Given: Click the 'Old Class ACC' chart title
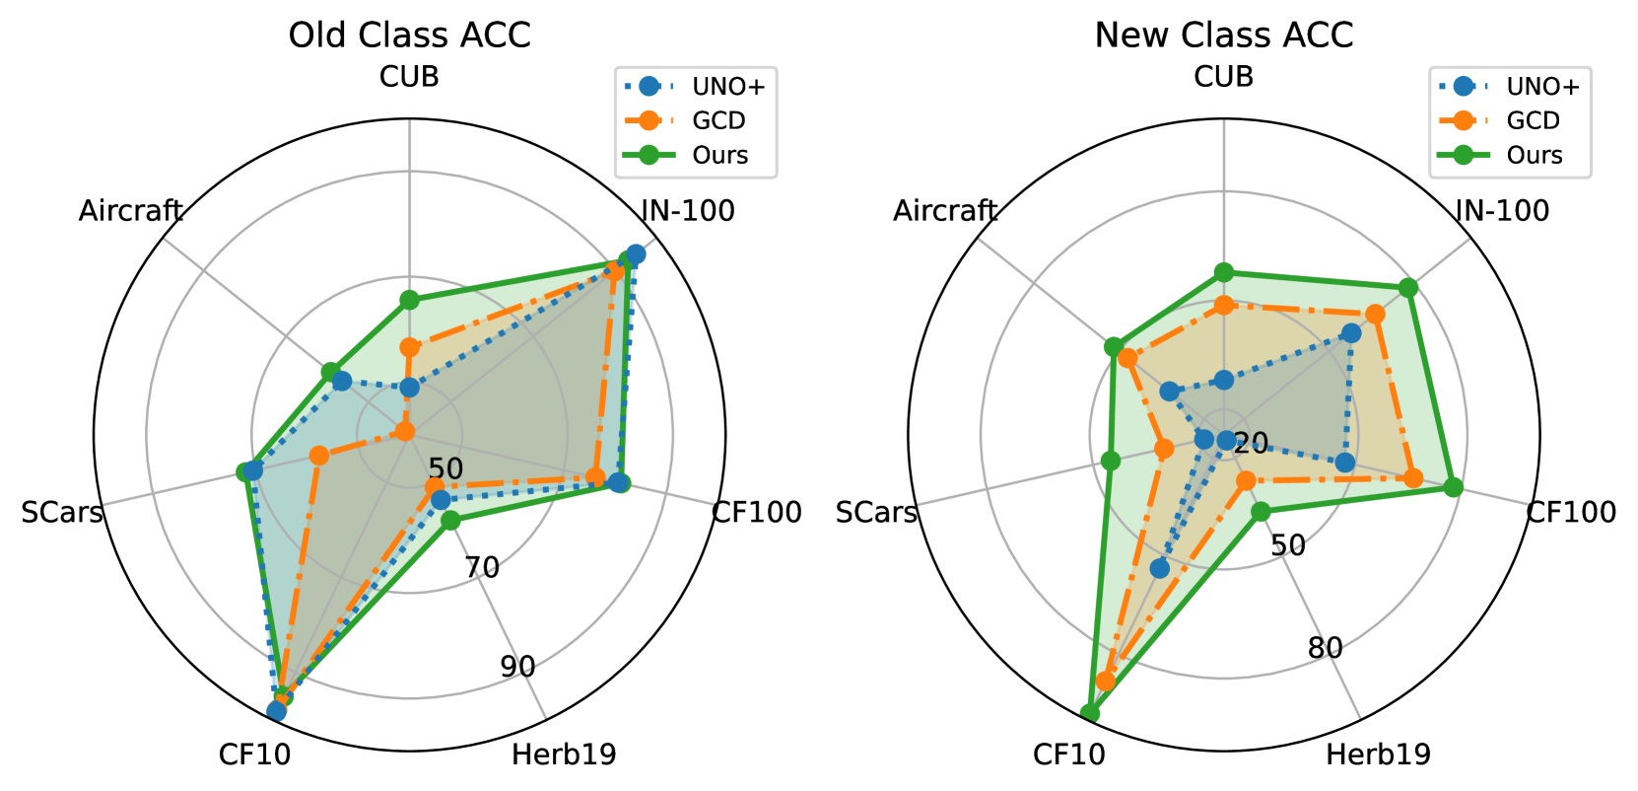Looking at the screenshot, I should point(409,36).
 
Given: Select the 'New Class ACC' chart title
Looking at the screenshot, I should point(1223,36).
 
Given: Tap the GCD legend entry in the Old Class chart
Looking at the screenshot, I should point(718,120).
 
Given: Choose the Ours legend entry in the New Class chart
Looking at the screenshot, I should point(1535,155).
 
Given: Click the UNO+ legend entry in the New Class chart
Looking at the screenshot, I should point(1542,87).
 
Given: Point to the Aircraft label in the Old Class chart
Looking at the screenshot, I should point(130,210).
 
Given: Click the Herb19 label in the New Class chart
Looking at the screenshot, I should point(1378,755).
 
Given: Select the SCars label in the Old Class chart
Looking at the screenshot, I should point(62,512).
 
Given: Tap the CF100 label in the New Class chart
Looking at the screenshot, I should point(1571,512).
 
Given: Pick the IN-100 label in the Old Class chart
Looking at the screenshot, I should point(688,210).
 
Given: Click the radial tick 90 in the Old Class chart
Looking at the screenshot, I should point(517,667).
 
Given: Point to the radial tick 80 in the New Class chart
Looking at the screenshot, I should point(1325,648).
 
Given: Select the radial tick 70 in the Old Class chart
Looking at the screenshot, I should point(482,567).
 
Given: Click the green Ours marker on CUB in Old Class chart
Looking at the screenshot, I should point(409,300).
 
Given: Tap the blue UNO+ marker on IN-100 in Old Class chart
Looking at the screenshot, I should point(636,254).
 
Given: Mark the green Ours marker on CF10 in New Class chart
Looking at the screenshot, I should point(1090,713).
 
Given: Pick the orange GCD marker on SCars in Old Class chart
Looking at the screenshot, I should point(318,455).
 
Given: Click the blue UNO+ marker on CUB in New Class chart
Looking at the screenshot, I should point(1223,380).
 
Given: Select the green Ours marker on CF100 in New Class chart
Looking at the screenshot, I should point(1452,486).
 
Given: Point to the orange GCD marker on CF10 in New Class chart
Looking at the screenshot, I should point(1106,682).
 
